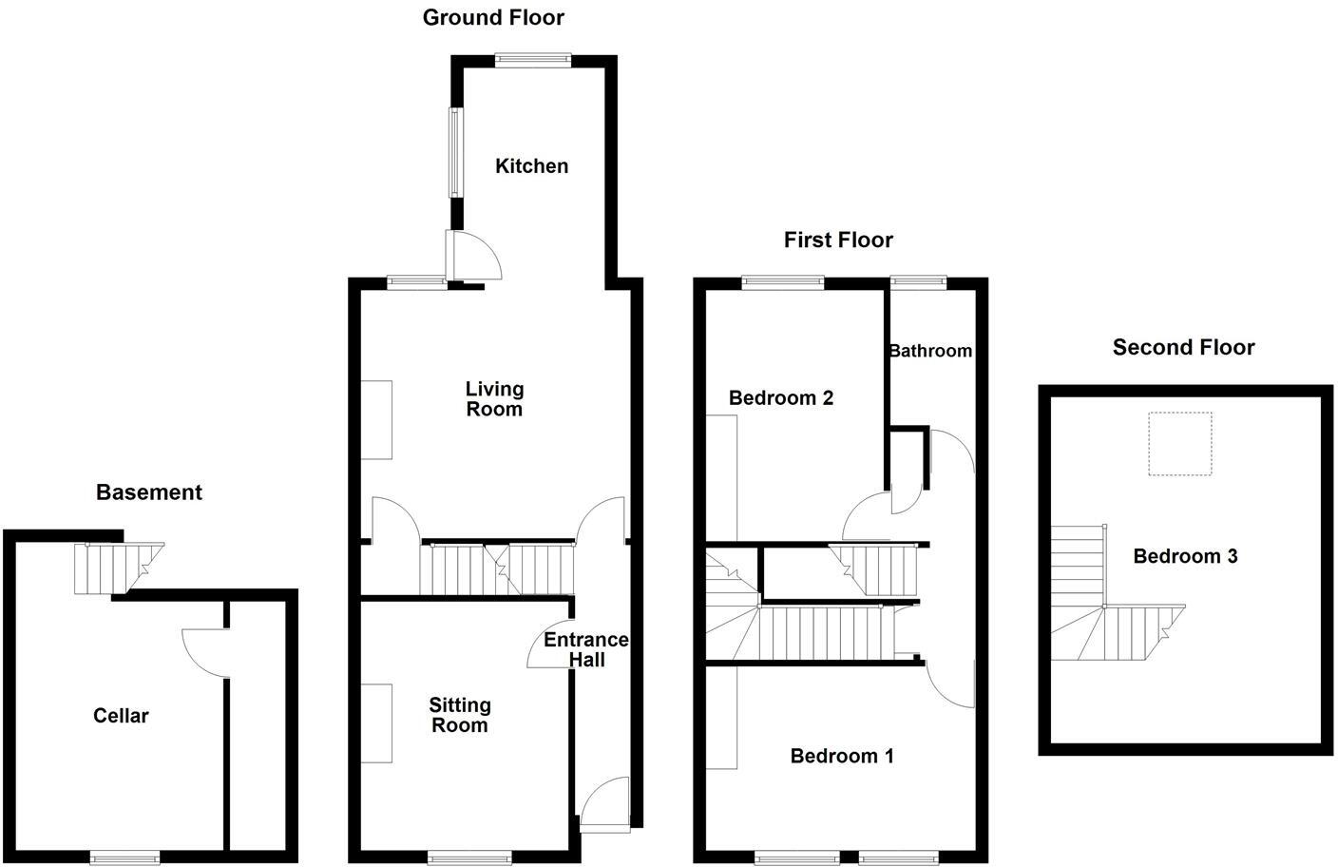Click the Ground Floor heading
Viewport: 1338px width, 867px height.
point(493,17)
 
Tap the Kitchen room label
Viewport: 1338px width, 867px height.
point(532,166)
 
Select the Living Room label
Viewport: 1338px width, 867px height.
point(494,399)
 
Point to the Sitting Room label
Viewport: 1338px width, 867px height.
point(460,715)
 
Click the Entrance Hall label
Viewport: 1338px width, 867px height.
point(586,650)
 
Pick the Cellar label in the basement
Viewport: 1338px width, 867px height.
point(121,716)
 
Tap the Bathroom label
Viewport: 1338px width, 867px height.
point(930,351)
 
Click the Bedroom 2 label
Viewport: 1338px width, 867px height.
point(781,398)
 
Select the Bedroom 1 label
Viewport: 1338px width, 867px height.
point(842,756)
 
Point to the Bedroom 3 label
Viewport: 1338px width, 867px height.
point(1185,556)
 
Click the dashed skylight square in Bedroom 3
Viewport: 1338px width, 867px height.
point(1180,443)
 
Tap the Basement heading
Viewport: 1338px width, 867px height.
point(149,492)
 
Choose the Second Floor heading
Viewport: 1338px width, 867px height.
point(1183,348)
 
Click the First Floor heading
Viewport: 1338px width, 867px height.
point(838,241)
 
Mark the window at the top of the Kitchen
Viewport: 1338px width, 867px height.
point(533,60)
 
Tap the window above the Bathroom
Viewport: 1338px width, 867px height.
point(919,280)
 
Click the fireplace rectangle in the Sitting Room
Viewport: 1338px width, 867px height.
point(376,722)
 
